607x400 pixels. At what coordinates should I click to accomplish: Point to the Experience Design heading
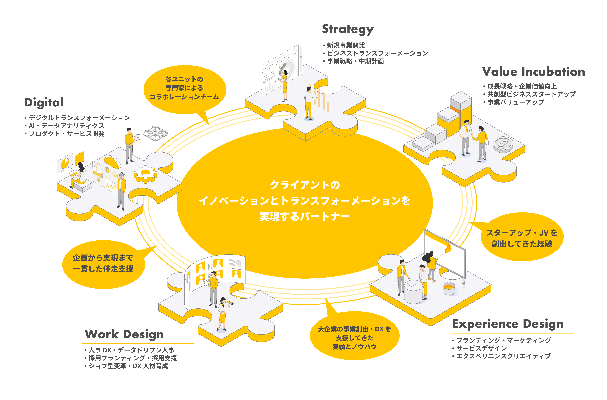coord(507,324)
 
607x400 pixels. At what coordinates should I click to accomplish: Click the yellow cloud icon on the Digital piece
coord(112,162)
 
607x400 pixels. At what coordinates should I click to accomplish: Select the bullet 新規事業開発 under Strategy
coord(346,45)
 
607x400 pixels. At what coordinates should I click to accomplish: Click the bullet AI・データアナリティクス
coord(66,126)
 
